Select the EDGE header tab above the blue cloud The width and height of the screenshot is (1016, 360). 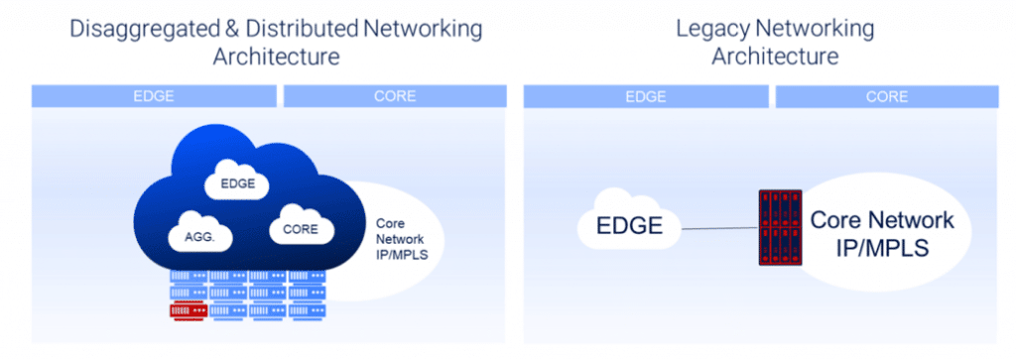[154, 96]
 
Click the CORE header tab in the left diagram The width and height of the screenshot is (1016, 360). [395, 96]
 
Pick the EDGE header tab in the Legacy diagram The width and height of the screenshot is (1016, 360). [645, 96]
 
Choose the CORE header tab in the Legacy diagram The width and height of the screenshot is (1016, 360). [886, 96]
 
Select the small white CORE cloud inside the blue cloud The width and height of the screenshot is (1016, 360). [299, 226]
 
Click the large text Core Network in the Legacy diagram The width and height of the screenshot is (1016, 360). [882, 221]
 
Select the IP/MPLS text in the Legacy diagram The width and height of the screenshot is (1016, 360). [882, 247]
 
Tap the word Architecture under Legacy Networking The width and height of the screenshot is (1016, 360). [775, 56]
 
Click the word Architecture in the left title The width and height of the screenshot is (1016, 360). [277, 56]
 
